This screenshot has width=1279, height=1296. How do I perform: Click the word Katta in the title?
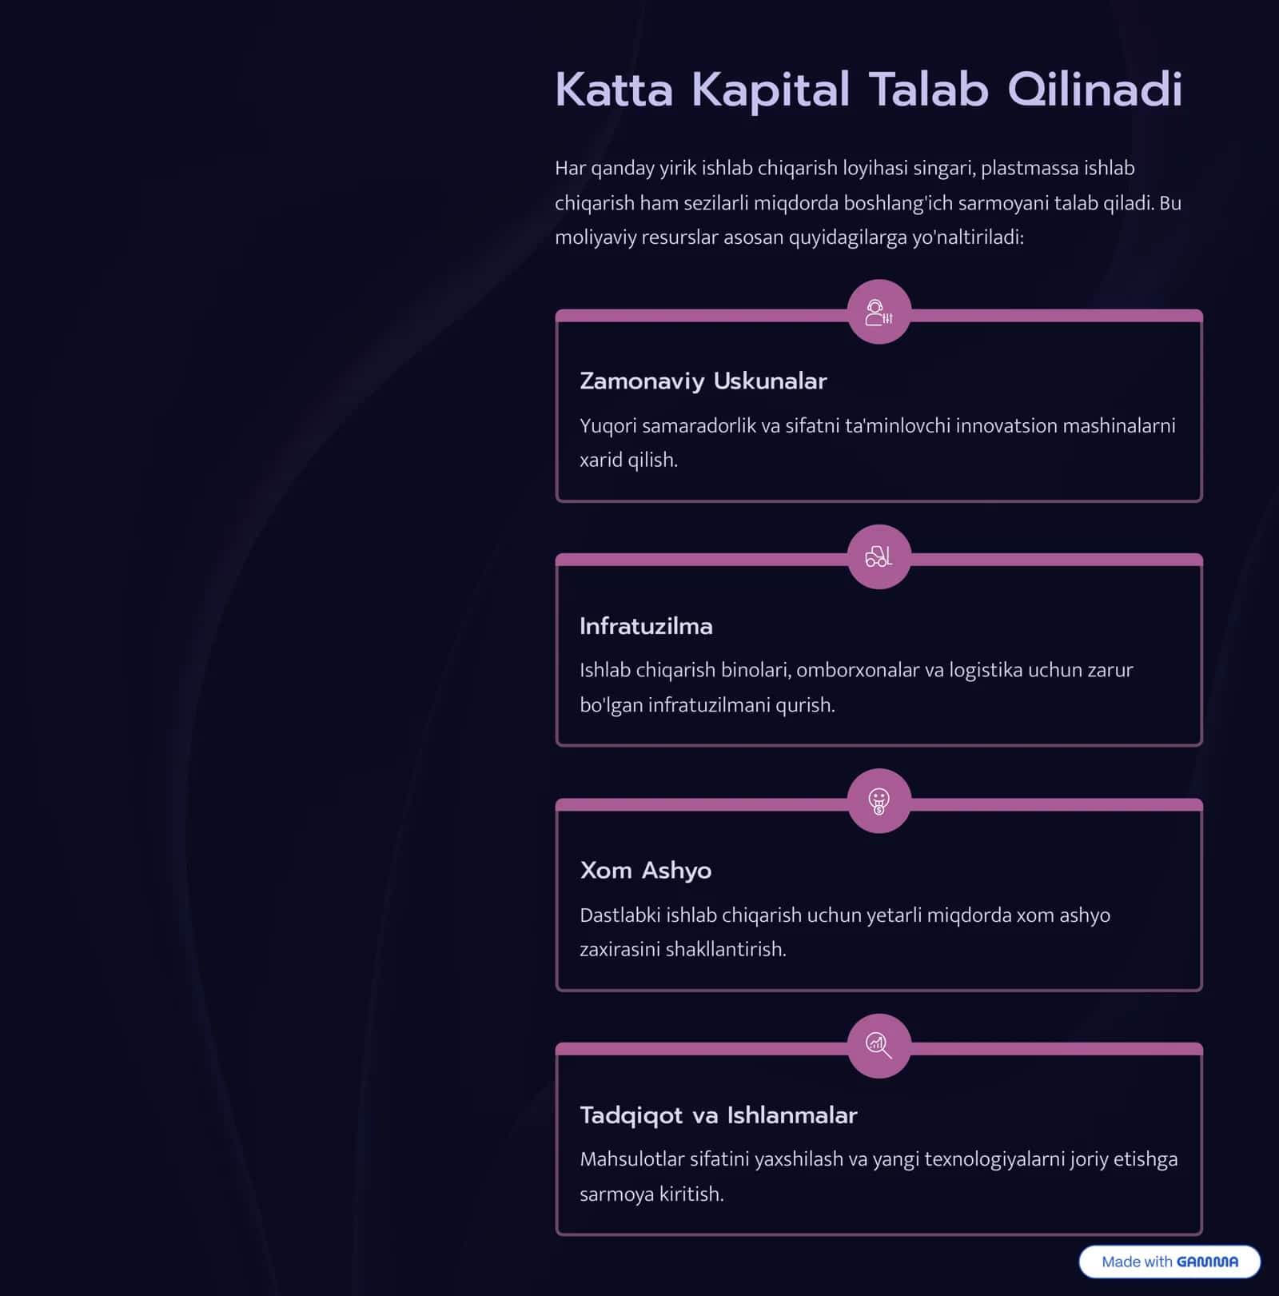pos(614,89)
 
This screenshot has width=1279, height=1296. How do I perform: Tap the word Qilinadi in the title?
pos(1094,90)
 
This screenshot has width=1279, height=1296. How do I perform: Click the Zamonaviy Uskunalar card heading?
pos(703,381)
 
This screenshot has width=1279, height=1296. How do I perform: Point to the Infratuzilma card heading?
pos(646,625)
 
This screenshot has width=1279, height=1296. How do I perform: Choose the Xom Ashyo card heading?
pos(645,870)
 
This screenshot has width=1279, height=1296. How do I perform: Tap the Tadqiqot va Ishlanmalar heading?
pos(718,1115)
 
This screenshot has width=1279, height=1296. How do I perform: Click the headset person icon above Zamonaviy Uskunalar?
pos(879,312)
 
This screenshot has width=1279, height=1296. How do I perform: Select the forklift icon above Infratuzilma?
pos(879,556)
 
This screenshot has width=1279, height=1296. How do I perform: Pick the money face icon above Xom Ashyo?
pos(879,801)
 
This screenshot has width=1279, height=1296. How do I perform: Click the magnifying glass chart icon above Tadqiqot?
pos(879,1046)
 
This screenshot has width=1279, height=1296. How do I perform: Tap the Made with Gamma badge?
pos(1169,1262)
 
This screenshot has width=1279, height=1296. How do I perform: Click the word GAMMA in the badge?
pos(1207,1262)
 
